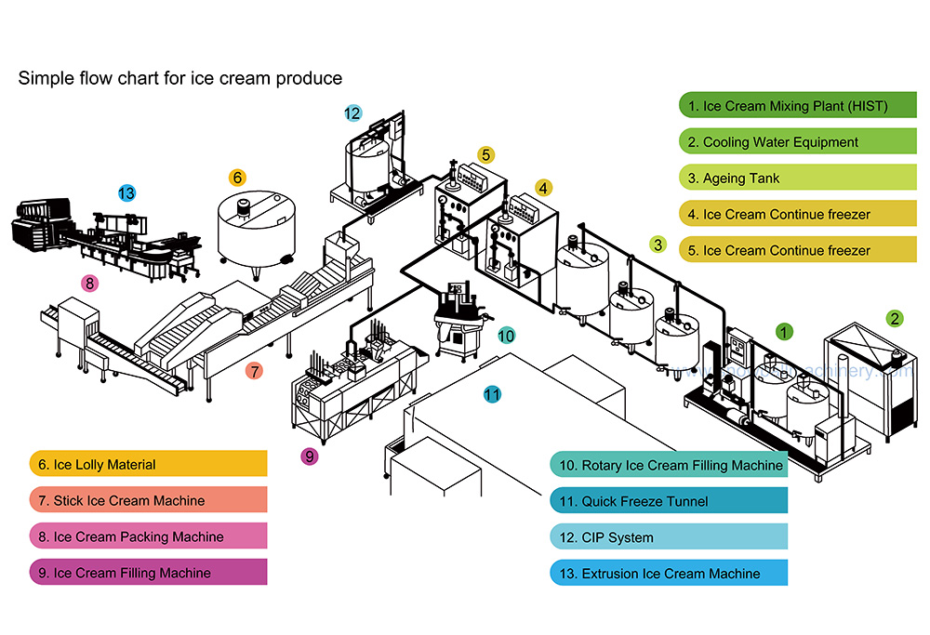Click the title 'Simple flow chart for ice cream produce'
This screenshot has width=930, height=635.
tap(180, 78)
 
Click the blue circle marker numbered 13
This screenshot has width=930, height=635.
tap(126, 193)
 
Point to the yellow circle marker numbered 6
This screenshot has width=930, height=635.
tap(237, 177)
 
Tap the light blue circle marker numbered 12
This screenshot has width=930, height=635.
tap(352, 113)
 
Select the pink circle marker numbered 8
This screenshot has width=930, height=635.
tap(89, 284)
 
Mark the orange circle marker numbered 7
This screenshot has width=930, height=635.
tap(254, 371)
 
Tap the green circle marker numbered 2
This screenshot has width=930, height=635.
tap(894, 318)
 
